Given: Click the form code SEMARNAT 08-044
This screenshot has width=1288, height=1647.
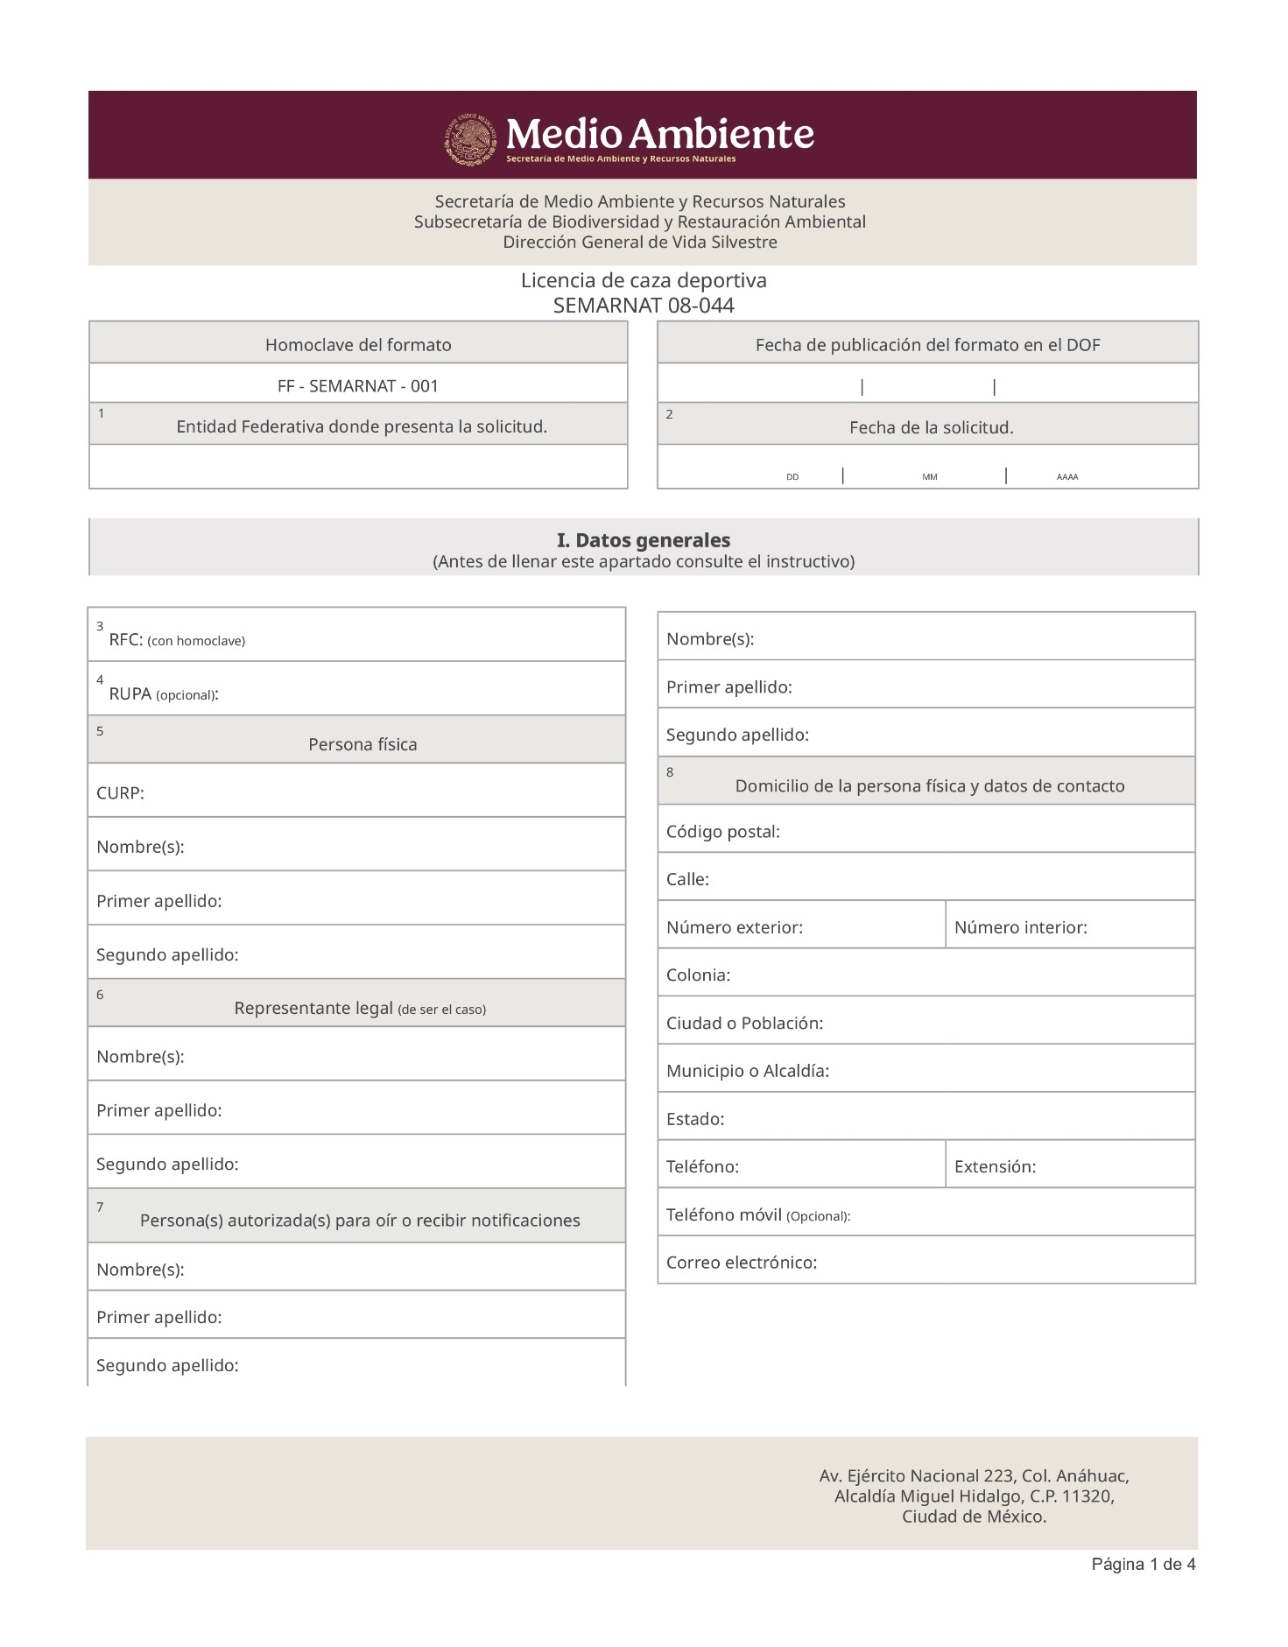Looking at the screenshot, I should point(644,306).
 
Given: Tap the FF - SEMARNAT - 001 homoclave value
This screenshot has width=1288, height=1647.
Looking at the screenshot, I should point(357,386).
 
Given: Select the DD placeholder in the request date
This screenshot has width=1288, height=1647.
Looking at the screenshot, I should point(792,477).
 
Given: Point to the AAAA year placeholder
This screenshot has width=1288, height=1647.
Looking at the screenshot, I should point(1066,477).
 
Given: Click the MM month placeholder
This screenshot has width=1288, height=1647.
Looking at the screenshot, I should point(929,477).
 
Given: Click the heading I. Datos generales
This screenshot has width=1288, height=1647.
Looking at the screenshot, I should point(644,540).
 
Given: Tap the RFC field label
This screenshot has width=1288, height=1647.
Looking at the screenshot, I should point(125,640).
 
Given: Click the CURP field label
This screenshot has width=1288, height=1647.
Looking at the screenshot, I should point(120,793).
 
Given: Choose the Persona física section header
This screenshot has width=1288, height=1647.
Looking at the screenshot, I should point(362,744).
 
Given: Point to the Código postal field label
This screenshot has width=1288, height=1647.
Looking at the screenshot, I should point(722,832).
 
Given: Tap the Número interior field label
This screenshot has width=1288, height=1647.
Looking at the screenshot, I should point(1020,927).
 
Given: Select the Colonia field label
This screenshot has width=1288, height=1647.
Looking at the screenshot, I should point(698,975).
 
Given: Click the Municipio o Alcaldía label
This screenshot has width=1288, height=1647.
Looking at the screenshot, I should point(747,1071).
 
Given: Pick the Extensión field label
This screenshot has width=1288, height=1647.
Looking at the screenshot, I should point(995,1166).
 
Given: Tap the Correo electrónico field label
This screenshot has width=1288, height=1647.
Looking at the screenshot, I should point(741,1263).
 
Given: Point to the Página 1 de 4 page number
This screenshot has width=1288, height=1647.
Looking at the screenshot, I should point(1143,1565).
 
